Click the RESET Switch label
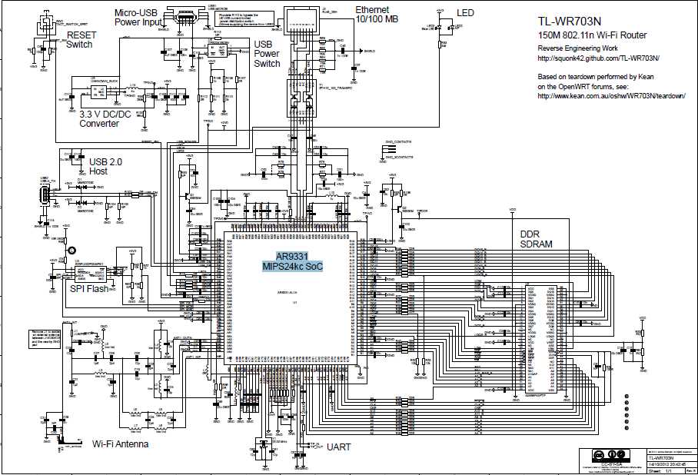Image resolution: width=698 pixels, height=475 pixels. point(79,39)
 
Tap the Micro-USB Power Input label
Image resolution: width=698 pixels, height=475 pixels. point(138,18)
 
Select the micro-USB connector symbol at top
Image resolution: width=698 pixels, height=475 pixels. point(184,18)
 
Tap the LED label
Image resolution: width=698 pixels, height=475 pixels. point(465,14)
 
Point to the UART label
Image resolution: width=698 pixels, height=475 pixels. point(339,447)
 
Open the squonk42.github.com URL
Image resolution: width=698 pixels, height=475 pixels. point(598,58)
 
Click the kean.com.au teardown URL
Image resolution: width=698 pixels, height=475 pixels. point(600,96)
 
